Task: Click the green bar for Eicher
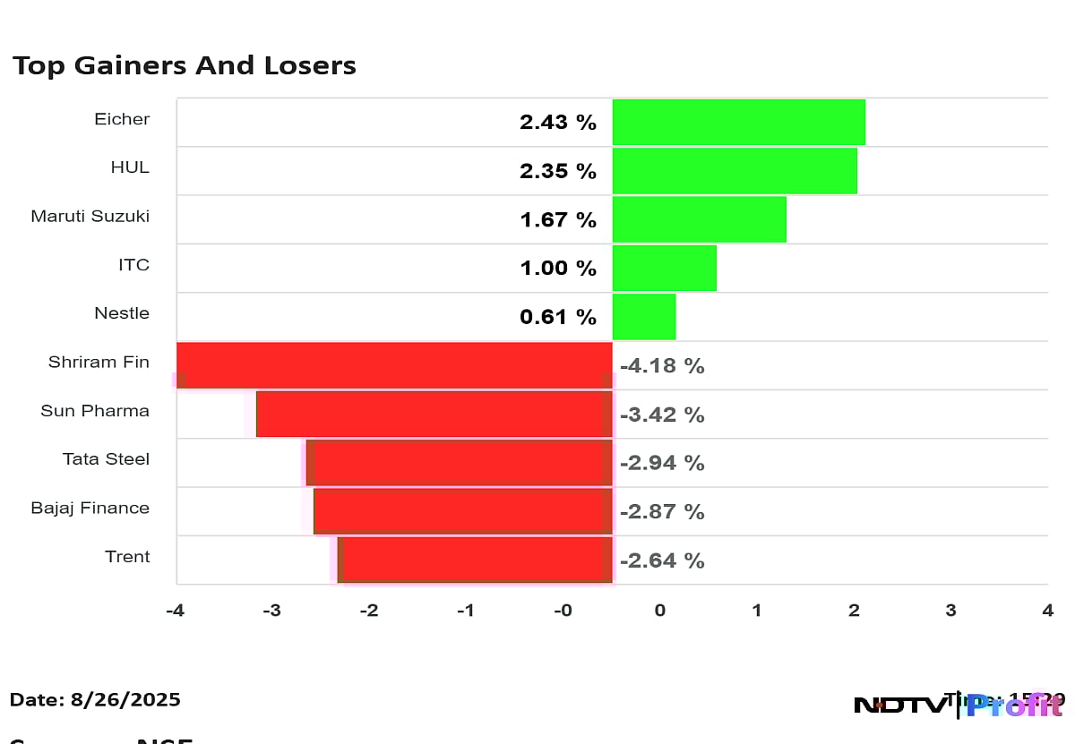(x=738, y=122)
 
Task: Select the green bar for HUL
(x=735, y=170)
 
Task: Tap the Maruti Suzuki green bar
(x=699, y=219)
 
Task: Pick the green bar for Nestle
(x=643, y=316)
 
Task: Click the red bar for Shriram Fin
(x=394, y=365)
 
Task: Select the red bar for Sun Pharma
(x=434, y=414)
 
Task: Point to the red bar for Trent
(x=477, y=560)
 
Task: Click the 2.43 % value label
(x=557, y=123)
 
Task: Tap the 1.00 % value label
(x=557, y=268)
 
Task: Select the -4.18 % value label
(x=662, y=366)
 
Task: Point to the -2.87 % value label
(x=662, y=512)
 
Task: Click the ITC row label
(x=133, y=265)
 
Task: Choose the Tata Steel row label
(x=106, y=459)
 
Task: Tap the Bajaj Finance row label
(x=90, y=508)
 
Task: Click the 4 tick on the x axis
(x=1047, y=611)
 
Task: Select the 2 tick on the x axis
(x=854, y=611)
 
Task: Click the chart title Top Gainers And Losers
(x=184, y=65)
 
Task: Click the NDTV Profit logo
(x=958, y=705)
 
